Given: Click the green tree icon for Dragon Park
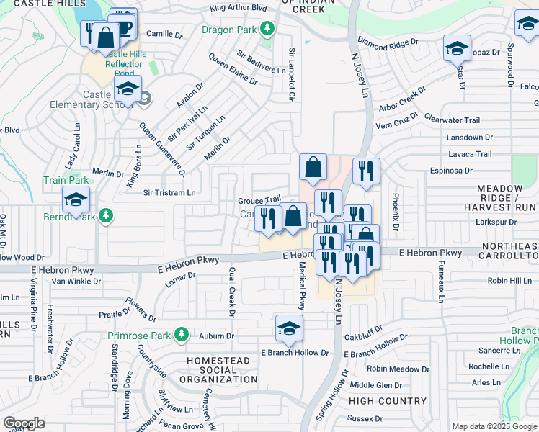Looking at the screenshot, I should pyautogui.click(x=267, y=30).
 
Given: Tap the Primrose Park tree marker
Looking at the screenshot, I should pyautogui.click(x=182, y=334).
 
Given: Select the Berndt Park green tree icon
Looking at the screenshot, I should pyautogui.click(x=106, y=215).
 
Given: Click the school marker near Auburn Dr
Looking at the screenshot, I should pyautogui.click(x=289, y=328).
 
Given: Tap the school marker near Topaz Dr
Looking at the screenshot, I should pyautogui.click(x=457, y=48).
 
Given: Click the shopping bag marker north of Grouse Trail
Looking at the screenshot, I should pyautogui.click(x=313, y=167).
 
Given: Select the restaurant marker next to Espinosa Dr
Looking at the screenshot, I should pyautogui.click(x=366, y=171).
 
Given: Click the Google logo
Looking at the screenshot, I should pyautogui.click(x=24, y=423).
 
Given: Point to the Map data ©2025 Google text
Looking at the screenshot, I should pyautogui.click(x=494, y=426).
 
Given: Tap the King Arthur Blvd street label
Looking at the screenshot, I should pyautogui.click(x=238, y=9).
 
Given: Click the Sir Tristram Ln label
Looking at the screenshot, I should pyautogui.click(x=169, y=193).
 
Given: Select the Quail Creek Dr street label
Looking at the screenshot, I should pyautogui.click(x=231, y=292).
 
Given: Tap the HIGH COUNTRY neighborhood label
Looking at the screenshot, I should pyautogui.click(x=388, y=401).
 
